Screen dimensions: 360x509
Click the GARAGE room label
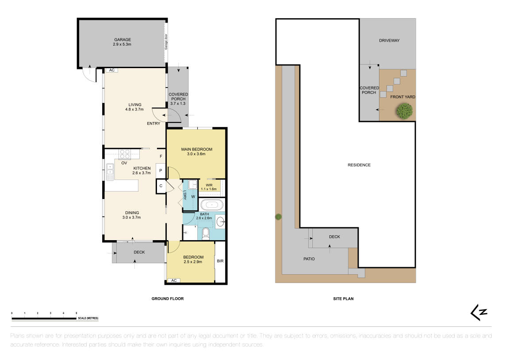tap(122, 40)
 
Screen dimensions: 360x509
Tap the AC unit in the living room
tap(111, 70)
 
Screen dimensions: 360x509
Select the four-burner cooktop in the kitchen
tap(124, 154)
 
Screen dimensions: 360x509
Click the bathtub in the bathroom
tap(212, 205)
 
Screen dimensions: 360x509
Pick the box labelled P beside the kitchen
tap(161, 171)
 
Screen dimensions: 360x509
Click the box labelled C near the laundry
tap(161, 186)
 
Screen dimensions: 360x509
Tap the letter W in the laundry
tap(193, 196)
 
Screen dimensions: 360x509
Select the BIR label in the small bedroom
tap(220, 261)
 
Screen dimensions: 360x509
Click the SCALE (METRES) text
tap(88, 318)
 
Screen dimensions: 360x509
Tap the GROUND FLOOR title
tap(168, 299)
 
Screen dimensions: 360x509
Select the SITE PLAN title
tap(343, 299)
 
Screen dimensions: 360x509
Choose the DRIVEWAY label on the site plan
tap(389, 41)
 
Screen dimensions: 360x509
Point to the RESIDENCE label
tap(359, 165)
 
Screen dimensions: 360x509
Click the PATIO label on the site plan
tap(309, 259)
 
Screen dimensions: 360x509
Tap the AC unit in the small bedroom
tap(174, 280)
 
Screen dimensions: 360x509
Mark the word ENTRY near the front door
tap(153, 123)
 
